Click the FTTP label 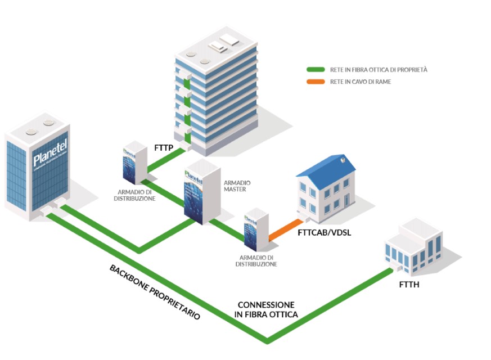163,149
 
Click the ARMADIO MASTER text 237,186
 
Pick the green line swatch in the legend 315,70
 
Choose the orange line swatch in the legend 315,82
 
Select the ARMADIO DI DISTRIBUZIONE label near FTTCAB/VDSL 256,260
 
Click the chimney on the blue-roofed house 343,160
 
